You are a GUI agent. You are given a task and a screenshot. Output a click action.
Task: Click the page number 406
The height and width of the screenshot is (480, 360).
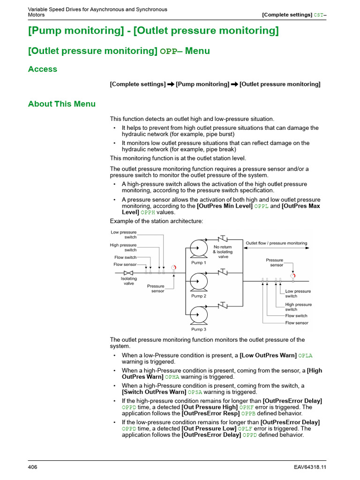(x=33, y=467)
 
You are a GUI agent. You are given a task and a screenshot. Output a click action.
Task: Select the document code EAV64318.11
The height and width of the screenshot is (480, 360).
(x=310, y=467)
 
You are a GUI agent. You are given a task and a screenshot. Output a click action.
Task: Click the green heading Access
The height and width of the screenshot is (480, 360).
(x=43, y=69)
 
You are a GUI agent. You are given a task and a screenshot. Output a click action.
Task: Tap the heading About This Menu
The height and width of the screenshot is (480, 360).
(x=62, y=104)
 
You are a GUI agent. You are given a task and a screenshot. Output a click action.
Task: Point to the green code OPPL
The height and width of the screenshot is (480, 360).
(x=261, y=206)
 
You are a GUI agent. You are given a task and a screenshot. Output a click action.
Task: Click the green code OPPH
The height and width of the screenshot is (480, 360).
(x=148, y=212)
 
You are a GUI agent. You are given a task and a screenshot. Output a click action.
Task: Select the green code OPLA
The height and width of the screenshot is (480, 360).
(x=305, y=356)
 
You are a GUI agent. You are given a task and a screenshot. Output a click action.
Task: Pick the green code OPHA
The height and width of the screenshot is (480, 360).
(x=172, y=377)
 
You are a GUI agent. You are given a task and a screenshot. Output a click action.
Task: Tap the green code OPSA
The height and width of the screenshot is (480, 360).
(x=195, y=392)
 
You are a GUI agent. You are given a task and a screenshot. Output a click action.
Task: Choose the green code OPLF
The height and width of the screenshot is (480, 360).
(x=245, y=429)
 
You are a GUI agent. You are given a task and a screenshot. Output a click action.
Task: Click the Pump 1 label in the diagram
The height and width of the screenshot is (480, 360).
(x=198, y=262)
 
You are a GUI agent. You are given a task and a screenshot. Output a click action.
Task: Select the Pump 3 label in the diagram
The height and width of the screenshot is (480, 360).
(x=198, y=330)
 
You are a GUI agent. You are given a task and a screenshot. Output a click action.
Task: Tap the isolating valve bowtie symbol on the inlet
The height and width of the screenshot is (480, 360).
(x=128, y=273)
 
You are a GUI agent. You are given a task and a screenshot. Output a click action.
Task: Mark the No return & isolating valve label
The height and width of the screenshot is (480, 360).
(x=223, y=252)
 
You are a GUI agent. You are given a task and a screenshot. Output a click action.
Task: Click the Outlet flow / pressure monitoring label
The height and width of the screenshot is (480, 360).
(x=277, y=243)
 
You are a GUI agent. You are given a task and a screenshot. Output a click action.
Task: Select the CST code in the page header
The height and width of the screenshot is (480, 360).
(x=318, y=15)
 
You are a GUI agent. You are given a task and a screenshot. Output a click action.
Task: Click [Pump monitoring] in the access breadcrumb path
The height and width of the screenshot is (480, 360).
(x=202, y=84)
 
